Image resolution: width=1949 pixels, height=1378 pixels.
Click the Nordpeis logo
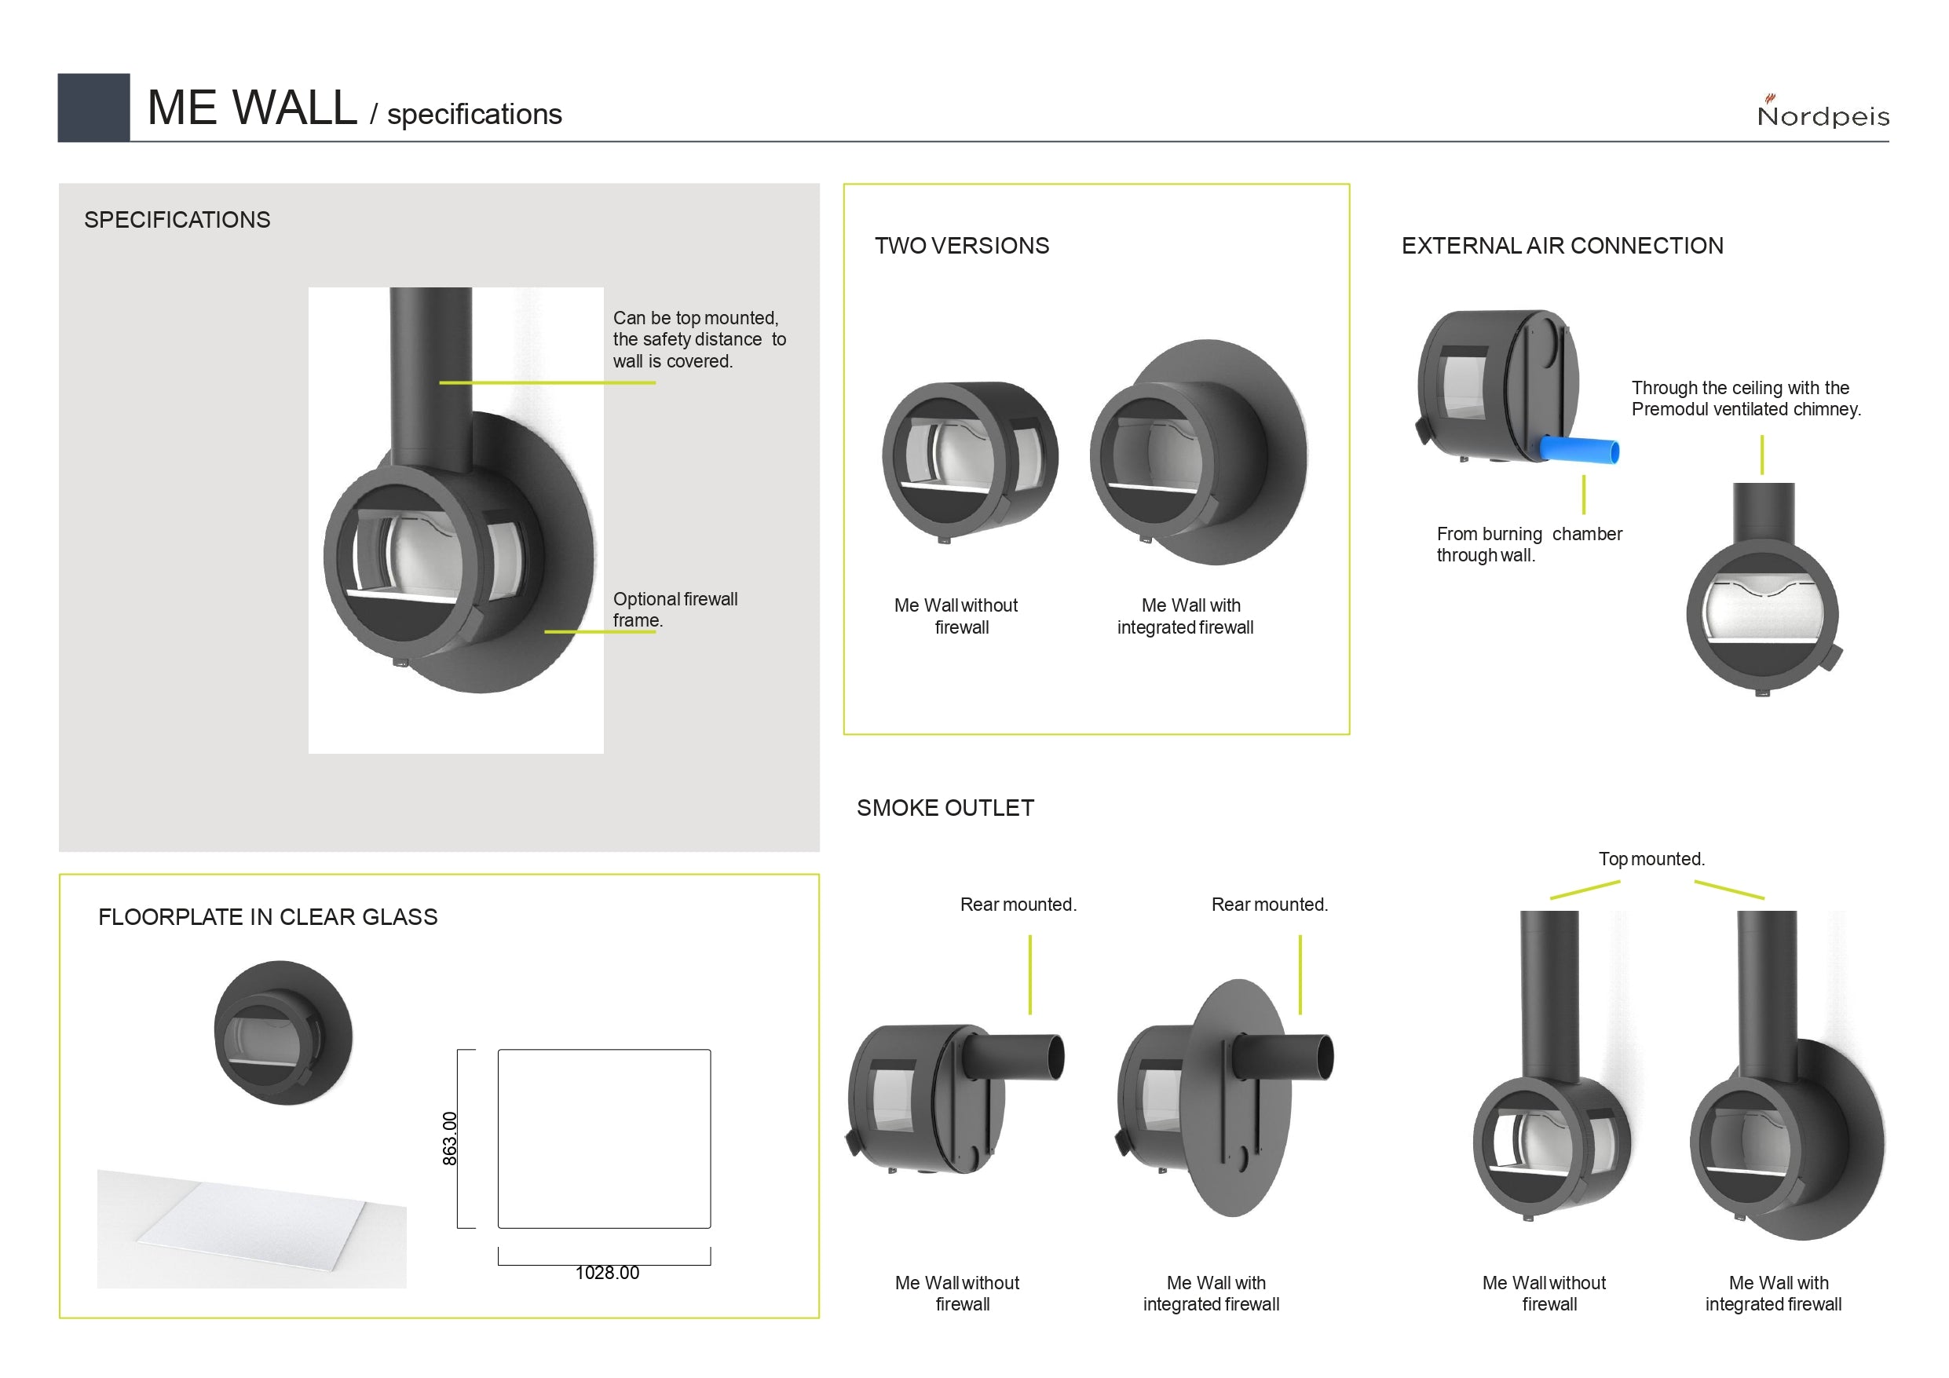[1823, 111]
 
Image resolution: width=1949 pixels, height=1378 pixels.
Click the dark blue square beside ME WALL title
[93, 107]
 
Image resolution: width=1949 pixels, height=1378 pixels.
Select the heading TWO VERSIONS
[962, 247]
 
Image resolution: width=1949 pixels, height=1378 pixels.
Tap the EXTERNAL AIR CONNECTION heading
[1562, 247]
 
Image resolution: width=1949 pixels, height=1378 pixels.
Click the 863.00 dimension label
[450, 1138]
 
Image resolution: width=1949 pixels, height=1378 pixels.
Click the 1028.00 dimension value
[607, 1273]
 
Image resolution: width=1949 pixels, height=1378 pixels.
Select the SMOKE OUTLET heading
[945, 808]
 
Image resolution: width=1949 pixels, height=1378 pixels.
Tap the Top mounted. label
[1651, 859]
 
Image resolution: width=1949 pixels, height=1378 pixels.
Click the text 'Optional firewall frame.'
[675, 609]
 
